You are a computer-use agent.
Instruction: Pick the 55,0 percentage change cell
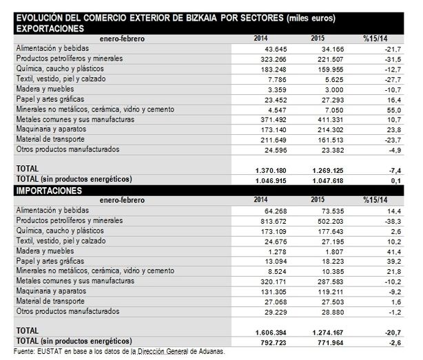click(x=373, y=109)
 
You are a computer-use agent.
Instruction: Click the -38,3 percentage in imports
click(x=373, y=221)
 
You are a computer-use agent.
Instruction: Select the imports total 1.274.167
click(x=316, y=331)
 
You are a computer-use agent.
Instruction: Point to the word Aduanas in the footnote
click(x=209, y=352)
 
